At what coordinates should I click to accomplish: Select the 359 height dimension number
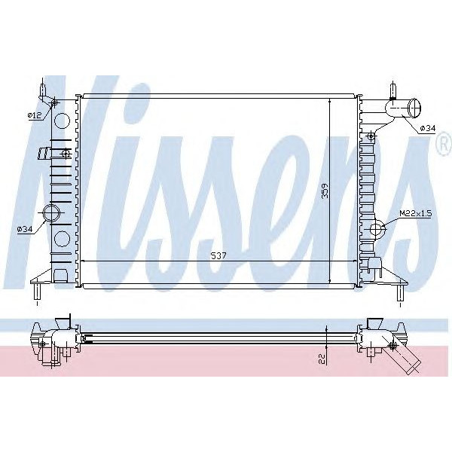tap(324, 191)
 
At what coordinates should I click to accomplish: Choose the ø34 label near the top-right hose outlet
tap(426, 128)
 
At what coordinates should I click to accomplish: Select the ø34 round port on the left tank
tap(53, 214)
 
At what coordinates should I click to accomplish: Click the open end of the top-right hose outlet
tap(414, 110)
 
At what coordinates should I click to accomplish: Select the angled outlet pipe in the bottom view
tap(407, 359)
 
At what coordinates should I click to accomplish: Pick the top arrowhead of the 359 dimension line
tap(329, 99)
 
